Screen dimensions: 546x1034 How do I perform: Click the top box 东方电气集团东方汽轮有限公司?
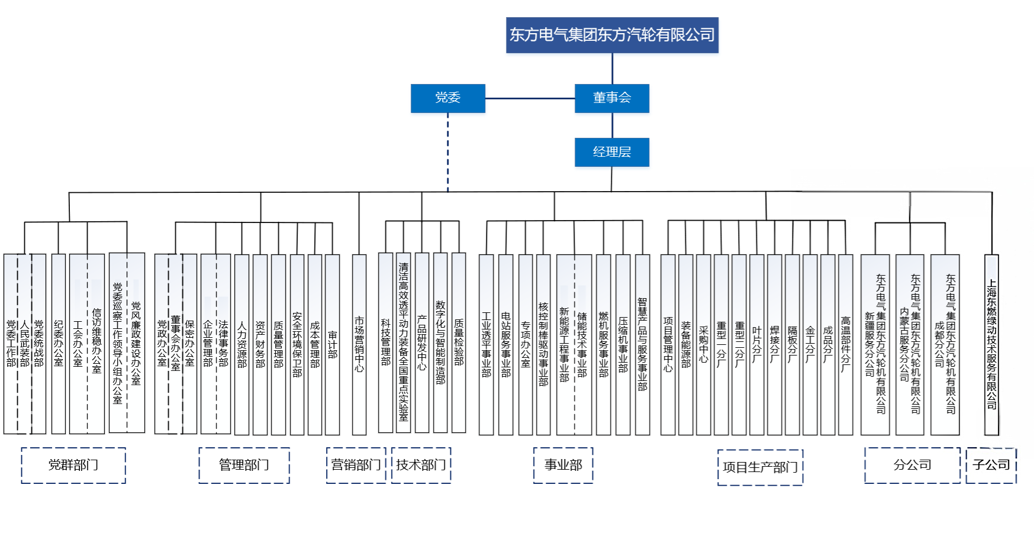point(612,35)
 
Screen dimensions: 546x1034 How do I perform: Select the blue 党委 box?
point(447,98)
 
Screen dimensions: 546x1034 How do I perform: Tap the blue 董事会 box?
point(611,98)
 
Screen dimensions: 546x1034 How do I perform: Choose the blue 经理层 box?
point(611,152)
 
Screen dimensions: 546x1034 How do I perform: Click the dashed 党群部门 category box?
point(73,465)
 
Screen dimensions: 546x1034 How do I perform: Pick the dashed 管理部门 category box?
point(244,465)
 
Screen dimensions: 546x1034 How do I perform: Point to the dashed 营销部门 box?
point(356,465)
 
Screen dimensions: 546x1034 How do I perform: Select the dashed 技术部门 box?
point(421,465)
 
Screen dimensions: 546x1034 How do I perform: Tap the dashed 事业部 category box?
point(563,465)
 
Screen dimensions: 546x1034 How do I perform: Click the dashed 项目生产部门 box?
point(760,467)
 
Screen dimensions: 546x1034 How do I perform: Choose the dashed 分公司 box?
point(912,465)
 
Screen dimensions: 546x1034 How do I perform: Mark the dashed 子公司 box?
point(991,465)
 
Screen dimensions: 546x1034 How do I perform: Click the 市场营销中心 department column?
point(359,344)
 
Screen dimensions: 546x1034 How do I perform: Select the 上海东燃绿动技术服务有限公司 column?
point(991,344)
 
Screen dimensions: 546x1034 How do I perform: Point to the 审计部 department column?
point(332,344)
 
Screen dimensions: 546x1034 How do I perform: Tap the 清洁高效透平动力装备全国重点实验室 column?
point(403,343)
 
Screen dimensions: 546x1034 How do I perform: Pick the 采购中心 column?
point(703,344)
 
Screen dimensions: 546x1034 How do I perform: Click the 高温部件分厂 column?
point(845,344)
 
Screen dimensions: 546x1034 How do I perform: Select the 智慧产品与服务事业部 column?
point(642,344)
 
